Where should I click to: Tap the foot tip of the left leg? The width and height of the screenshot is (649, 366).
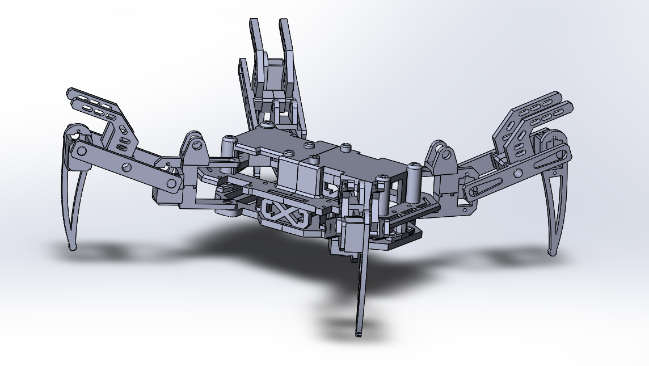(72, 247)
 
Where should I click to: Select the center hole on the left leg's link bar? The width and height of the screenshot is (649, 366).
(126, 166)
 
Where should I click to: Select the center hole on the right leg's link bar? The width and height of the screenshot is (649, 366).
(517, 173)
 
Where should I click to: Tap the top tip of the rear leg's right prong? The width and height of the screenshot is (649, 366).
(283, 23)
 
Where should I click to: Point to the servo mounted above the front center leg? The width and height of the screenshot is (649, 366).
(351, 233)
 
